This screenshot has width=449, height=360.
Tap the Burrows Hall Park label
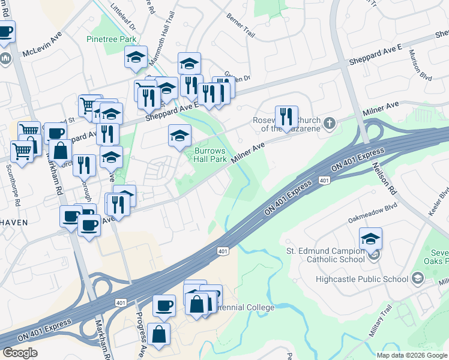pos(211,155)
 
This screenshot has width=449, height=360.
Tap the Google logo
pos(20,353)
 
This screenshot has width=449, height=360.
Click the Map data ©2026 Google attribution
pos(412,355)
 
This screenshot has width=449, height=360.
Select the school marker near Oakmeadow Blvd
pos(370,239)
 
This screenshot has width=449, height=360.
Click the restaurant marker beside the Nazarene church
pos(286,116)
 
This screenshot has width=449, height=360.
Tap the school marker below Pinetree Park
pos(136,57)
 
